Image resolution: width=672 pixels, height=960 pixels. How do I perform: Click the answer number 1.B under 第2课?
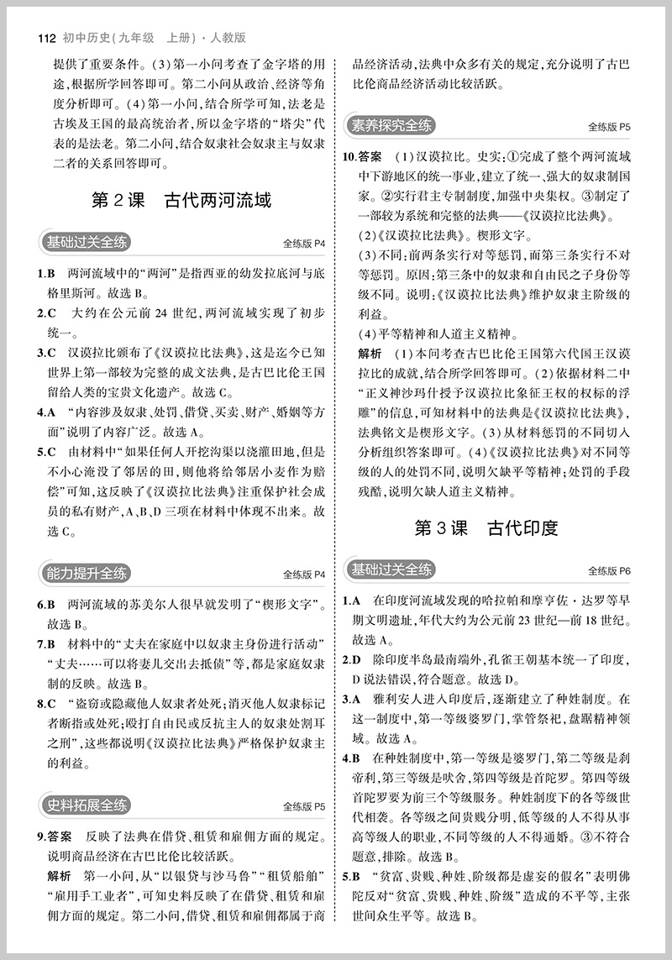[x=46, y=273]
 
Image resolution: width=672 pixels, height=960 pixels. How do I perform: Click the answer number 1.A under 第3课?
[x=351, y=601]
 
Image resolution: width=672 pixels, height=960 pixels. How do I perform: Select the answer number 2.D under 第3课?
[x=351, y=660]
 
